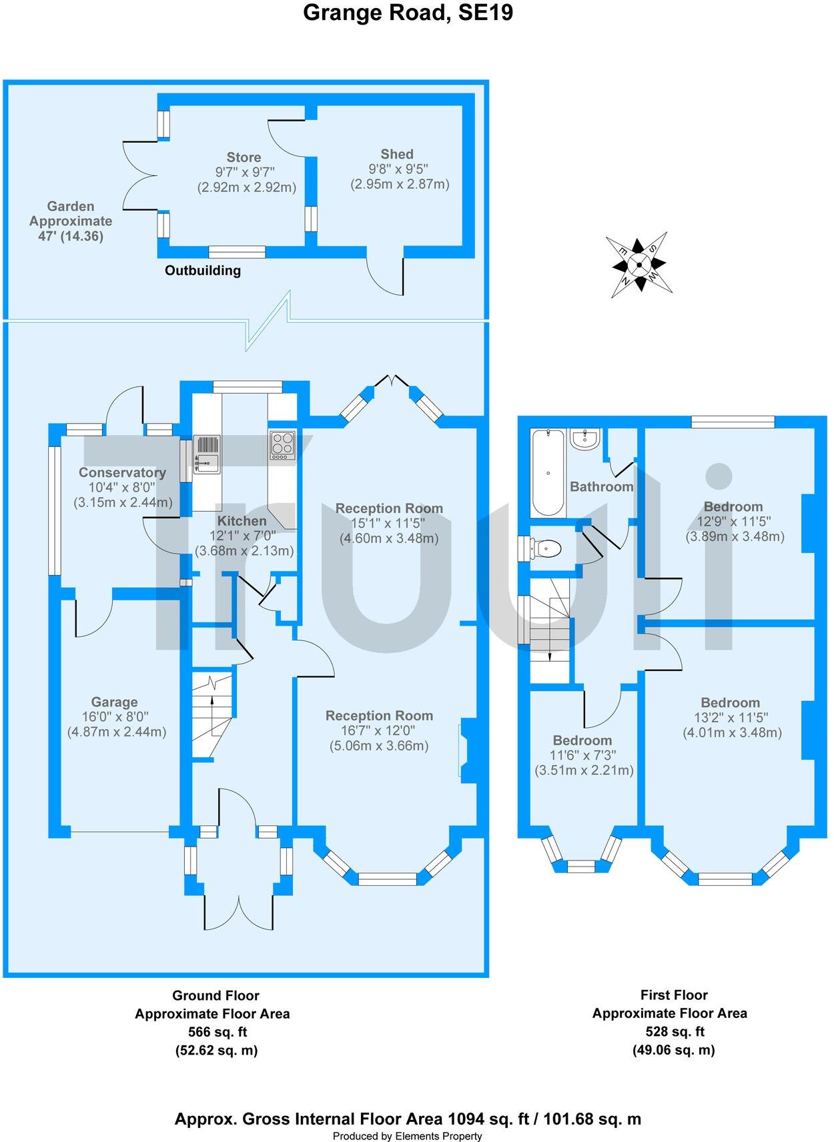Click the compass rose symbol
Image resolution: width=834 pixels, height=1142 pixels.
[x=639, y=264]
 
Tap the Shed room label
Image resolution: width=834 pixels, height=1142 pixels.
[x=397, y=154]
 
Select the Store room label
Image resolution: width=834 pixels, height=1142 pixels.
[x=244, y=157]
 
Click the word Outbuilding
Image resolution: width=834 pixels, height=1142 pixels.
[x=203, y=270]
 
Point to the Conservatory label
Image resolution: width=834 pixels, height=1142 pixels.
[x=122, y=472]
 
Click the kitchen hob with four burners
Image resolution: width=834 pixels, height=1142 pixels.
[x=282, y=445]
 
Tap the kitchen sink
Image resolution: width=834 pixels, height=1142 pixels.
[x=207, y=454]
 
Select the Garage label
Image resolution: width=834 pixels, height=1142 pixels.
[x=114, y=702]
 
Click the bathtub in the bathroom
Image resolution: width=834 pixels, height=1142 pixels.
[x=548, y=472]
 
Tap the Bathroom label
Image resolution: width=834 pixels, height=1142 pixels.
[x=601, y=486]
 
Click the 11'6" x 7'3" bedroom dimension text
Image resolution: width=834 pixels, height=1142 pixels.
[x=582, y=755]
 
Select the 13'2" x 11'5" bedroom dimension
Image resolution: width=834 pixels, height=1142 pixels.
[x=731, y=718]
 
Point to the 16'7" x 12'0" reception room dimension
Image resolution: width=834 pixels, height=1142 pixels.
[x=379, y=730]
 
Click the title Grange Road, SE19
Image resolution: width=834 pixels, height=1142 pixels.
[x=408, y=13]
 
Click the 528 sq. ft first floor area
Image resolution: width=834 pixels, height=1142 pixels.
[x=674, y=1031]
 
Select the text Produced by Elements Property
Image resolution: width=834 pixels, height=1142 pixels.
[x=407, y=1136]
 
